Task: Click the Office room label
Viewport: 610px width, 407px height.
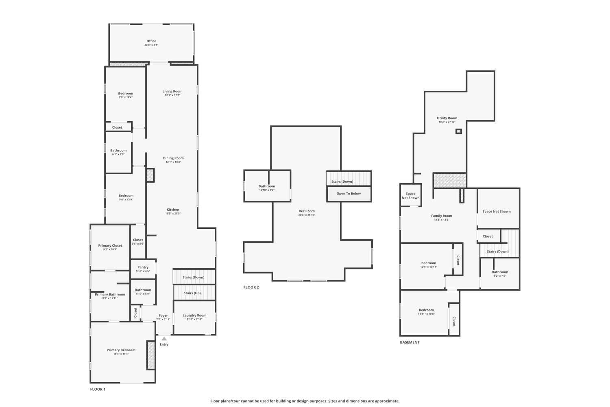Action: [x=151, y=41]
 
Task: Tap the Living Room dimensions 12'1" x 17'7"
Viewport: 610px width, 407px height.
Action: [x=172, y=95]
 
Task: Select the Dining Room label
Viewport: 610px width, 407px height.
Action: [x=173, y=158]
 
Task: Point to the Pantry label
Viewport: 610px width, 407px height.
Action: [x=143, y=267]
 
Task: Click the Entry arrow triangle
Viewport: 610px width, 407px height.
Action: [x=164, y=339]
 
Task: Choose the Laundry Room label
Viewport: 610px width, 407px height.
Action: [x=194, y=315]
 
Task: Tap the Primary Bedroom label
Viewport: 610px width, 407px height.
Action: [x=121, y=350]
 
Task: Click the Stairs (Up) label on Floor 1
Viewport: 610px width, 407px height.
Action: [x=192, y=293]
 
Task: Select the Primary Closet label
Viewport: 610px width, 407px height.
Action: [x=110, y=245]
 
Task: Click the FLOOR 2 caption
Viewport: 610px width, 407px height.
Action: [x=251, y=287]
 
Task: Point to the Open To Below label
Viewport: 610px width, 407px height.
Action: [x=349, y=194]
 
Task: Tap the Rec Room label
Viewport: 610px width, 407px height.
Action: [x=307, y=211]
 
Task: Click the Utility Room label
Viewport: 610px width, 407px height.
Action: [x=447, y=118]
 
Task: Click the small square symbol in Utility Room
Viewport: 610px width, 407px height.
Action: [x=459, y=131]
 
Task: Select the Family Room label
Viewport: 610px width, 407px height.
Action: [x=441, y=216]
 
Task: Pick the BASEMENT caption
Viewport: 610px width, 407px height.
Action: [x=410, y=342]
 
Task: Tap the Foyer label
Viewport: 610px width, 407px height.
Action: [x=163, y=315]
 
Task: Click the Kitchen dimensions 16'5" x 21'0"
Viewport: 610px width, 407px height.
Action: [x=173, y=213]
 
